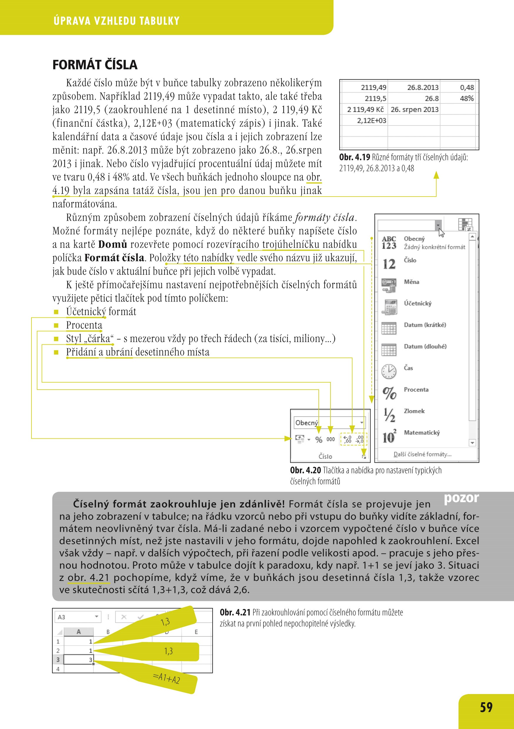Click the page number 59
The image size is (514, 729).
[486, 707]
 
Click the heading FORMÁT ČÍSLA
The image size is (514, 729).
[95, 65]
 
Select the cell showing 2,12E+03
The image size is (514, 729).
[371, 121]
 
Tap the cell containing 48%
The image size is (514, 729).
[466, 98]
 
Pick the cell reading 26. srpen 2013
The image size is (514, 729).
[414, 110]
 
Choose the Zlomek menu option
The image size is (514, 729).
[414, 411]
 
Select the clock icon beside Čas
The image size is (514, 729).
[389, 371]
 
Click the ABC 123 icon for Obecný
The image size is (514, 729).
[389, 243]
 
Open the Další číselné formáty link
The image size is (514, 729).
[423, 454]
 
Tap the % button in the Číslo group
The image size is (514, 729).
[319, 440]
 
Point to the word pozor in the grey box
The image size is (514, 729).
[461, 498]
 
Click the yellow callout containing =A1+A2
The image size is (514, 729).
[167, 679]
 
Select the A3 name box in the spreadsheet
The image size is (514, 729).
[78, 617]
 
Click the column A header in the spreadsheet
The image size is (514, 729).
[79, 632]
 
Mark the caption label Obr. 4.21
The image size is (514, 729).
[235, 612]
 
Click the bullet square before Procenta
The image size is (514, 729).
[56, 326]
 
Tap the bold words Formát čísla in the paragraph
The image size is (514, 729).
[114, 258]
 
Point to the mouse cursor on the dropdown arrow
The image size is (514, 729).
[441, 232]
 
